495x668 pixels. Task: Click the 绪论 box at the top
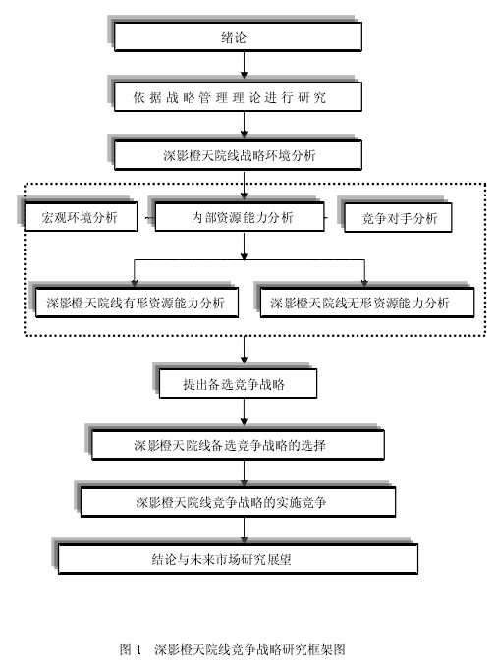point(238,36)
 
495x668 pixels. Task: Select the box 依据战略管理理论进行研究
point(238,97)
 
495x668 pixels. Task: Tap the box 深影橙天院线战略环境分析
point(238,155)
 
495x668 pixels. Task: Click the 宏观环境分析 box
point(81,217)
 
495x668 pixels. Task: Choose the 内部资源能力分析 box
point(240,217)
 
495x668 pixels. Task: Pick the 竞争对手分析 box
point(398,218)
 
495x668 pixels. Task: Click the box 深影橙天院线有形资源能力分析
point(137,303)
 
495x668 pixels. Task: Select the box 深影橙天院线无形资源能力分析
point(366,303)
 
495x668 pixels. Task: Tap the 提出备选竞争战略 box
point(238,384)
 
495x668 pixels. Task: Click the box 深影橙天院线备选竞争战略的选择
point(238,445)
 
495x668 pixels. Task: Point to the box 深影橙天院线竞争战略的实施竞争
point(238,502)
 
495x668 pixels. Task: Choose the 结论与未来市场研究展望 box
point(238,559)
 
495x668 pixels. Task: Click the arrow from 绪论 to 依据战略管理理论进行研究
point(244,65)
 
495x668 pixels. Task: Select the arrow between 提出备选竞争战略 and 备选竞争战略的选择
point(244,413)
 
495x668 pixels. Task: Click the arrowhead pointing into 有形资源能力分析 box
point(135,283)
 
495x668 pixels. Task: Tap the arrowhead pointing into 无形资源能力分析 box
point(364,283)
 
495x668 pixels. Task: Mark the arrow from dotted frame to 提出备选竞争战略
point(244,350)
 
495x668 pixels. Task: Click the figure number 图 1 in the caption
point(131,649)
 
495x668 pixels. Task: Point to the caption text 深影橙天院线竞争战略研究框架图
point(249,649)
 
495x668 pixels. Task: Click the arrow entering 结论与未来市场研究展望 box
point(244,530)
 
